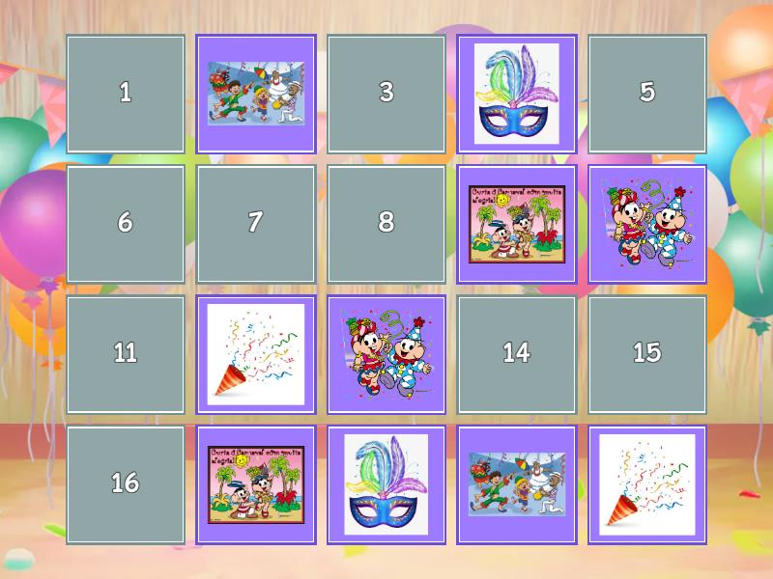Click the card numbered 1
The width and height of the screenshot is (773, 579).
[x=125, y=94]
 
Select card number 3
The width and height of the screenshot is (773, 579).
[x=386, y=94]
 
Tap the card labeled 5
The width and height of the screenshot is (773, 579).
[x=646, y=94]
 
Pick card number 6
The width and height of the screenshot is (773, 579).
[x=125, y=224]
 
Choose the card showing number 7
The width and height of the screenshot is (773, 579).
[x=255, y=224]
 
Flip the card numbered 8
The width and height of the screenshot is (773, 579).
[x=386, y=224]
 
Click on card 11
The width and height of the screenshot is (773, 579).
[x=125, y=354]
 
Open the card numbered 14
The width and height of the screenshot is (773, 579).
[x=516, y=354]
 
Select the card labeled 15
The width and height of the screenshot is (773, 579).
[x=646, y=354]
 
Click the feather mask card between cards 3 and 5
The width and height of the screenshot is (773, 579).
[x=516, y=94]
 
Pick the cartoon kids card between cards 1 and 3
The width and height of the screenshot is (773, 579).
[x=255, y=94]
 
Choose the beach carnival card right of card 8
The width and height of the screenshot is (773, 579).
[x=516, y=224]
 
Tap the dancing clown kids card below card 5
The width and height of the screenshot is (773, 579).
[x=646, y=224]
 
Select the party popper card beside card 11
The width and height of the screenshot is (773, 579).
[x=255, y=354]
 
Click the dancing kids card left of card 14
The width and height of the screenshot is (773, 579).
[x=386, y=354]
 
